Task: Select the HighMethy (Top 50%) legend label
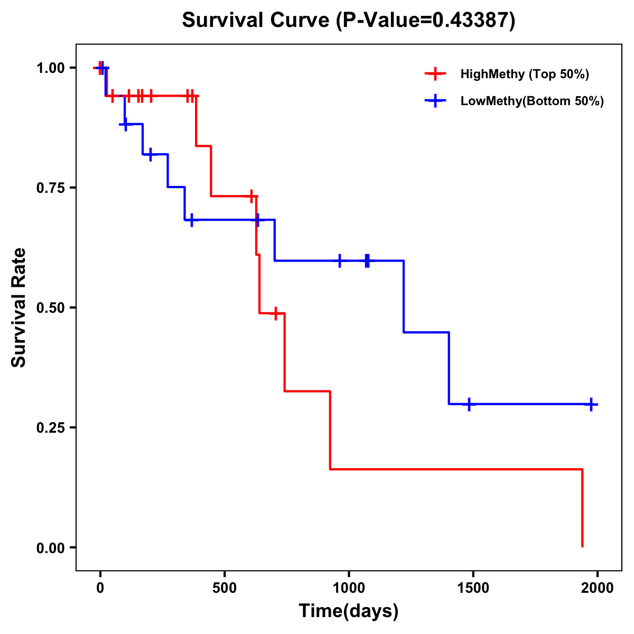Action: coord(524,74)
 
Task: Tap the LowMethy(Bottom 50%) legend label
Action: coord(532,101)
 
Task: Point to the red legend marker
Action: coord(435,74)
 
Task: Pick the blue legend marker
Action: coord(435,101)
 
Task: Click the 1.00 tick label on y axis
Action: coord(50,68)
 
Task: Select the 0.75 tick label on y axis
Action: coord(50,188)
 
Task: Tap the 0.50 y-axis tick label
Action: coord(50,307)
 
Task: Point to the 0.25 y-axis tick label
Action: coord(50,427)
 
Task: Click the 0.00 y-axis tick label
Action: coord(50,547)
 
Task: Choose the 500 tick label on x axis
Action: coord(225,588)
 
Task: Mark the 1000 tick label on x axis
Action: coord(349,588)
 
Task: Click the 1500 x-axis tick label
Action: coord(473,588)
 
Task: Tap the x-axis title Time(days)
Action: coord(349,611)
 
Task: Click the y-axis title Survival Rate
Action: coord(19,307)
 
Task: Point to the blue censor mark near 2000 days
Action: coord(591,404)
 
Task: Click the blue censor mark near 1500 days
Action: coord(469,404)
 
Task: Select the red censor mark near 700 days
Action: coord(275,313)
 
